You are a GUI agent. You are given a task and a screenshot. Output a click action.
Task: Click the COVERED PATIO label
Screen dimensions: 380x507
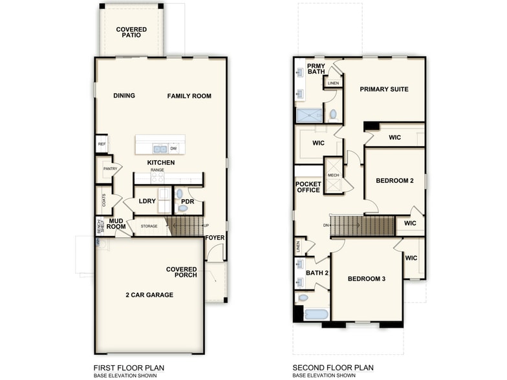[131, 32]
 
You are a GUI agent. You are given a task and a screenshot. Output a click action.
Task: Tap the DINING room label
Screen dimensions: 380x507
[124, 96]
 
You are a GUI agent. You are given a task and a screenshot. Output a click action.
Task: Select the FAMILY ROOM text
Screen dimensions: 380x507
[189, 96]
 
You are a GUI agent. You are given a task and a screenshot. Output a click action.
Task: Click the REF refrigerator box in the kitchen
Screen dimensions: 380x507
[102, 143]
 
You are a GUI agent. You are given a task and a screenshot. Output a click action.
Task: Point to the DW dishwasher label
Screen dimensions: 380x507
[173, 148]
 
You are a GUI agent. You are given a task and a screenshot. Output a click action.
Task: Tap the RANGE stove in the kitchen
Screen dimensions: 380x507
[157, 176]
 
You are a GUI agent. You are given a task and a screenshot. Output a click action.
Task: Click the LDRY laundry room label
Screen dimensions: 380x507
[147, 201]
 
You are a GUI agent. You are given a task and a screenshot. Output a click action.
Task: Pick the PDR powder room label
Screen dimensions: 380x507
[188, 201]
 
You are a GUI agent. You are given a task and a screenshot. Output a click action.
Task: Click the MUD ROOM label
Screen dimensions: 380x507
[116, 224]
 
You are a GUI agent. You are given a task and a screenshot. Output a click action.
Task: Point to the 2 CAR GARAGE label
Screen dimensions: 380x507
[149, 295]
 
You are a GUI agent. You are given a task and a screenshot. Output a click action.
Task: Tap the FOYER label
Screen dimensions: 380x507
[215, 237]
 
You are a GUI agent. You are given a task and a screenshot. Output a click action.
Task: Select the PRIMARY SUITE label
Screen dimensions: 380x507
[384, 89]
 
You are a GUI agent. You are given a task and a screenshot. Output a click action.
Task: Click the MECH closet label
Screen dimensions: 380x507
[333, 175]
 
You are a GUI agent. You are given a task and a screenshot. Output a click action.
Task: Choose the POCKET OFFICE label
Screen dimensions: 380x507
[308, 187]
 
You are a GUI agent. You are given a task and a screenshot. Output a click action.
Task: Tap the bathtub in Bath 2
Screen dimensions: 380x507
[316, 315]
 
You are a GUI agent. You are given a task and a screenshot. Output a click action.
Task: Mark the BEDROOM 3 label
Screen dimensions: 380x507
[367, 279]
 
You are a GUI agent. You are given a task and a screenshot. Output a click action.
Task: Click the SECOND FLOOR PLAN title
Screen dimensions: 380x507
[333, 368]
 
